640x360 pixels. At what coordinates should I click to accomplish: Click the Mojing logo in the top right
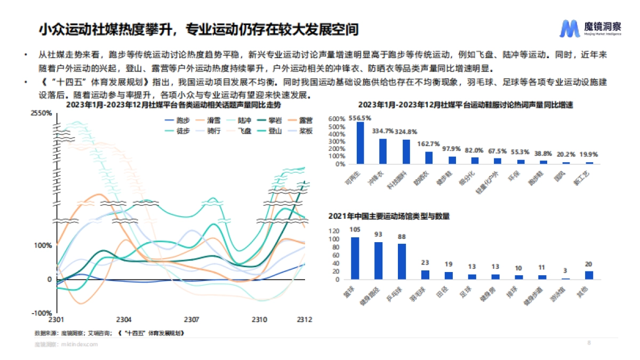tap(590, 28)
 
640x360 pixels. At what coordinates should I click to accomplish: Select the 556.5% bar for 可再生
tap(360, 143)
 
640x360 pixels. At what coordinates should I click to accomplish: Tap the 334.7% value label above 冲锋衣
tap(383, 131)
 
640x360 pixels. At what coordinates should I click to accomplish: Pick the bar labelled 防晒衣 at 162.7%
tap(429, 158)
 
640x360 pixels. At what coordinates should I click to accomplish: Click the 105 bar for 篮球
tap(355, 258)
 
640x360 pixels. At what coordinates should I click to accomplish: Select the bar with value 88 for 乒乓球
tap(402, 261)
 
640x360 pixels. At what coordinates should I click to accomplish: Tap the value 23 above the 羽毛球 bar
tap(425, 262)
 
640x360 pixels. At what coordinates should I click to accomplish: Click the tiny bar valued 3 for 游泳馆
tap(566, 278)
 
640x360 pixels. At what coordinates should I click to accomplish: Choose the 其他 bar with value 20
tap(589, 275)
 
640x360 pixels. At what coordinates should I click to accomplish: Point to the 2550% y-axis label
tap(41, 113)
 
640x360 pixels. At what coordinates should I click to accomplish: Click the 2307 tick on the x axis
tap(191, 319)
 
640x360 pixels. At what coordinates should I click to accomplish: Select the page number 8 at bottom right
tap(589, 342)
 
